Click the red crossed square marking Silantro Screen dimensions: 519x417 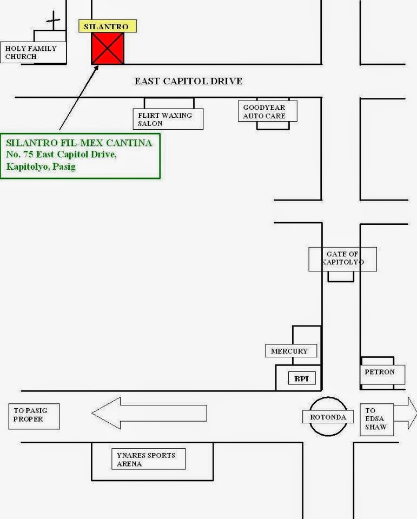coord(108,49)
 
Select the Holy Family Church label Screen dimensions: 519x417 coord(33,52)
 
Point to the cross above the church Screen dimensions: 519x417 coord(53,21)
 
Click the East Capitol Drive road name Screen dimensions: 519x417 coord(188,81)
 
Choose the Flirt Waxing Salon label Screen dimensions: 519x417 coord(168,119)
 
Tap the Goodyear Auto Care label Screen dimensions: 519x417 coord(267,111)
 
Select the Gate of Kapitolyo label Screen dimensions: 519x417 coord(342,258)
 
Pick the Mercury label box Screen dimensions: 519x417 coord(290,351)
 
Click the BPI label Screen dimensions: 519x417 coord(302,378)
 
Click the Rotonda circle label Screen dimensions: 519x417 coord(328,417)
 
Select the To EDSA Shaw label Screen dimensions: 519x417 coord(376,419)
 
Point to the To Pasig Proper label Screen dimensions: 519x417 coord(34,415)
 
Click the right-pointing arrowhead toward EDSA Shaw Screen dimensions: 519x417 coord(412,414)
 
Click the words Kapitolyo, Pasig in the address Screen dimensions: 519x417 coord(41,167)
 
